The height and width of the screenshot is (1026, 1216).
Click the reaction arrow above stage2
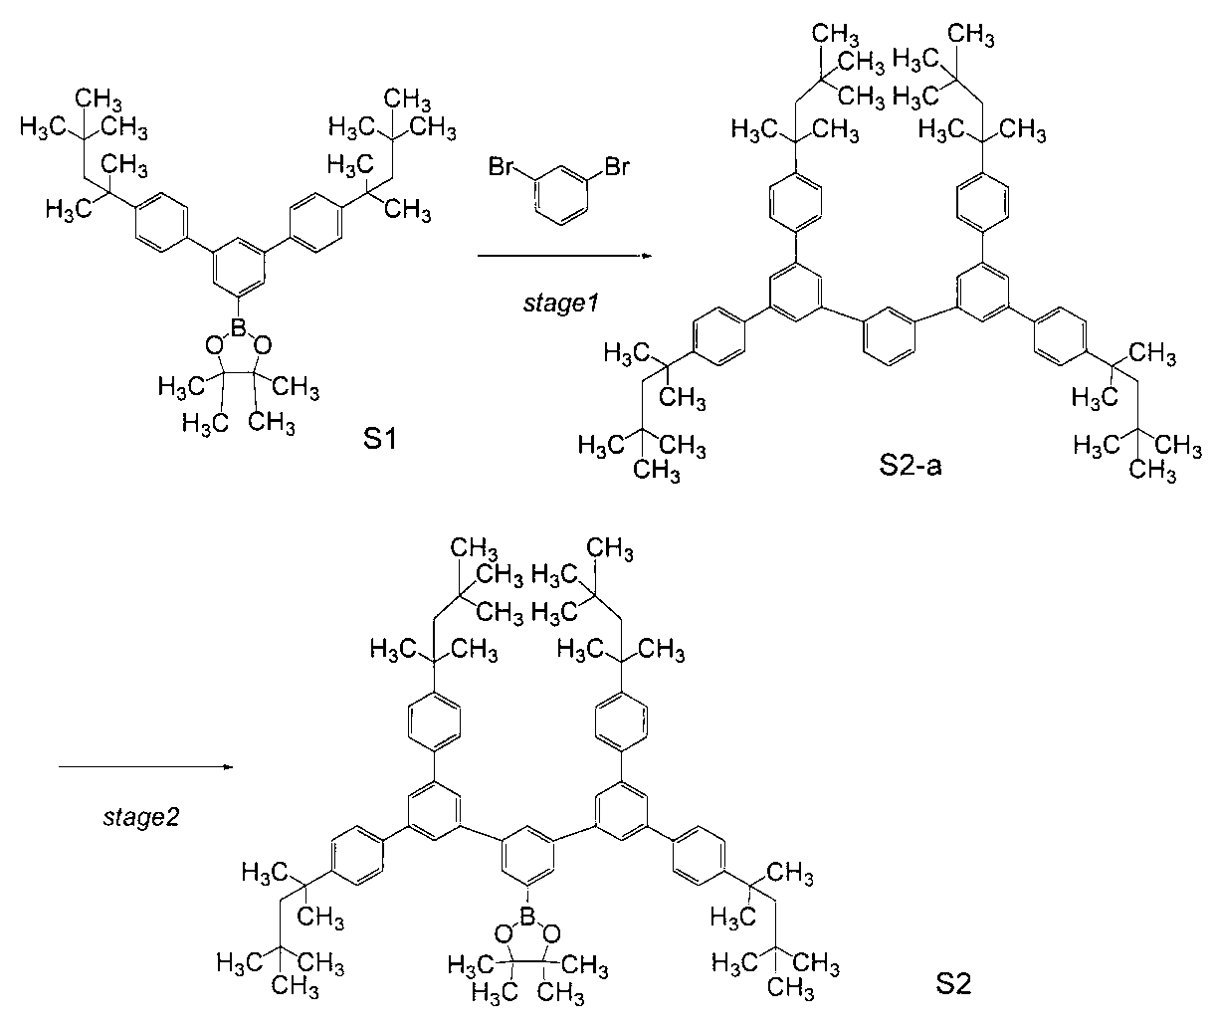[x=145, y=767]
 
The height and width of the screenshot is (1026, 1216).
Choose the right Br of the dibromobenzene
[x=615, y=165]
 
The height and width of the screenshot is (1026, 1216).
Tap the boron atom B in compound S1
[x=238, y=326]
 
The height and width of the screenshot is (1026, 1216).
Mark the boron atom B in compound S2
[x=528, y=914]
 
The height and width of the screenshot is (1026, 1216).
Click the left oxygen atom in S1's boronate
[x=212, y=344]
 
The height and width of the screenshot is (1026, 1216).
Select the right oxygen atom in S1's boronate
[x=263, y=344]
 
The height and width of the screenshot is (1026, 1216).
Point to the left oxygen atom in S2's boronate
[x=503, y=932]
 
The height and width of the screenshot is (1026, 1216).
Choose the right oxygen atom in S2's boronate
[x=553, y=932]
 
